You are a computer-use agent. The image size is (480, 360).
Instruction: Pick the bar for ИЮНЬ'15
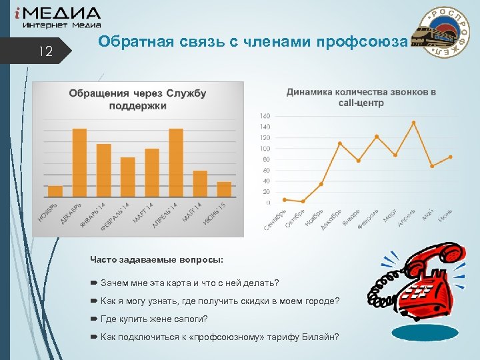point(224,190)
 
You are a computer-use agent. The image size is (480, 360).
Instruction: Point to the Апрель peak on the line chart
point(413,123)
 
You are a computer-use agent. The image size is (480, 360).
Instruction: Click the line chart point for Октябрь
point(303,201)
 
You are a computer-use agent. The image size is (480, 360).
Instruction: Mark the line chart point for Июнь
point(451,157)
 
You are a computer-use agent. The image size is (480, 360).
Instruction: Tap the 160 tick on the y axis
point(265,115)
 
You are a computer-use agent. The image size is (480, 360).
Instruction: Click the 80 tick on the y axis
point(267,159)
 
